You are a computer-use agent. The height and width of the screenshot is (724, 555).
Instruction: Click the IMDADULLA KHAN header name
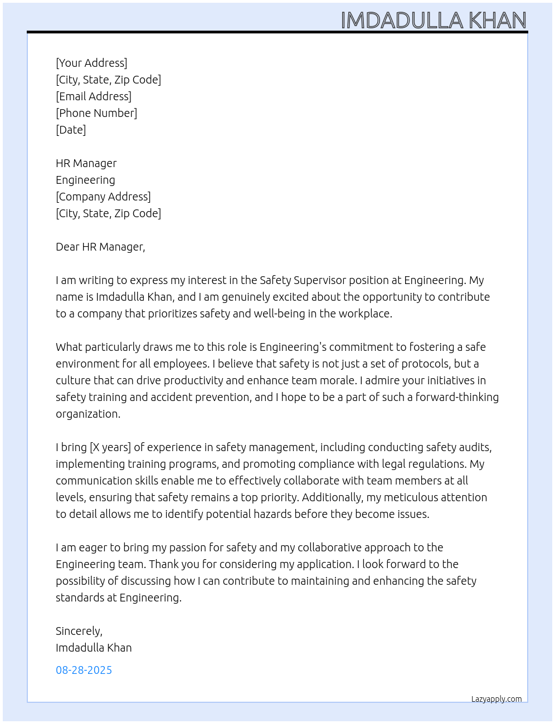coord(434,20)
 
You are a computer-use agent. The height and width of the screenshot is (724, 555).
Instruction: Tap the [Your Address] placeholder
coord(91,63)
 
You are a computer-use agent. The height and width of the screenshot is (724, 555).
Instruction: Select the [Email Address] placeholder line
coord(94,96)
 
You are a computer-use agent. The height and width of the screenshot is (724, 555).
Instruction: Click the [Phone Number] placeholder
coord(96,113)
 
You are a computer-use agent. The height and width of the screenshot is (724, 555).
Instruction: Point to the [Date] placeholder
coord(71,130)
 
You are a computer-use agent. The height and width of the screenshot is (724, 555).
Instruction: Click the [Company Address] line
coord(103,197)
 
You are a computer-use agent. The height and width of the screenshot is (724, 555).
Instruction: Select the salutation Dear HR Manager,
coord(100,247)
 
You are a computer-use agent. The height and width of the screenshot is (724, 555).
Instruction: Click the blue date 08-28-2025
coord(84,670)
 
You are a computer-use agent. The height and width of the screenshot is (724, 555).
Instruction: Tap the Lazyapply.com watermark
coord(496,699)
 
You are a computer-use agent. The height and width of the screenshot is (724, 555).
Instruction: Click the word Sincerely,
coord(79,631)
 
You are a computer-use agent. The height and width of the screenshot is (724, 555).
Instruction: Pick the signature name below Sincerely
coord(94,648)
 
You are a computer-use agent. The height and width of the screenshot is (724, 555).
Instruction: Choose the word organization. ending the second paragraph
coord(88,414)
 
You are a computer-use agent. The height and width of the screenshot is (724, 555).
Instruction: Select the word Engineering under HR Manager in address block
coord(85,180)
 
